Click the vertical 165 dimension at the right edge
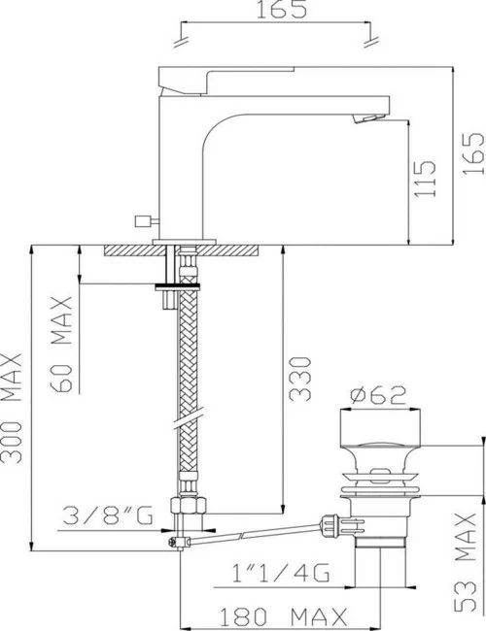click(x=471, y=153)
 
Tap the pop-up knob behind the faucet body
click(x=147, y=221)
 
